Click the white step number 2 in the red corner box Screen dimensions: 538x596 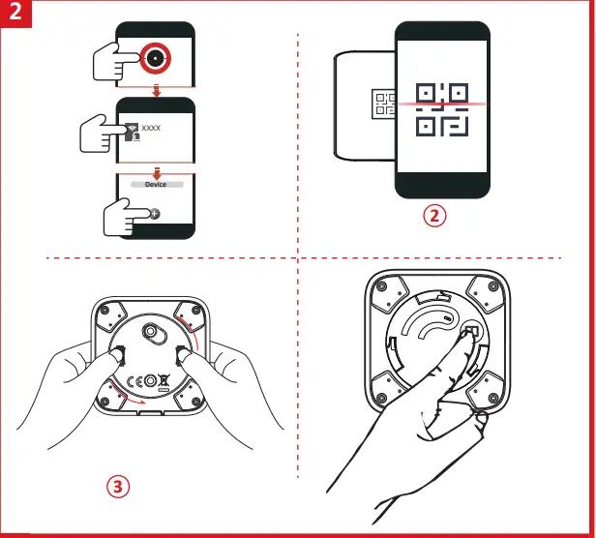point(15,16)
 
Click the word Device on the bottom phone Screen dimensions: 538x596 point(155,184)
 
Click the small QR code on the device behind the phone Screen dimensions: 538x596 point(385,104)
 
